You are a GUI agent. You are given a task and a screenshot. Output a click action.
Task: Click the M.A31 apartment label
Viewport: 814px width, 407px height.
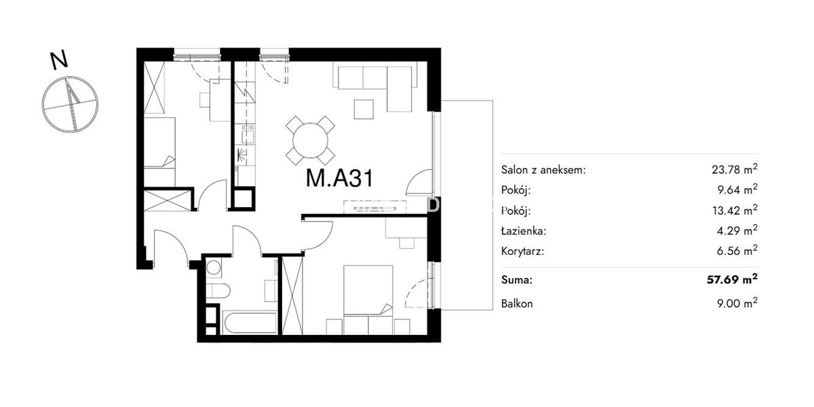click(339, 179)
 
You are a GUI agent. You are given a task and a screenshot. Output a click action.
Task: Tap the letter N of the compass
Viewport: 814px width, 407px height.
click(59, 60)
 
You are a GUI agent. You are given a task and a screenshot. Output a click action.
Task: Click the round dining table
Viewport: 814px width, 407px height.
click(311, 141)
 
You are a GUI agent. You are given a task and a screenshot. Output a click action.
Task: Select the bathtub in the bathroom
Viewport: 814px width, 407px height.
click(250, 323)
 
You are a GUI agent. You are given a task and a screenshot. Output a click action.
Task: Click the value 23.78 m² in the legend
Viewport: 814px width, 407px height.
click(735, 169)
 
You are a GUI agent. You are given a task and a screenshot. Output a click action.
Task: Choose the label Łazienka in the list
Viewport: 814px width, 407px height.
click(523, 231)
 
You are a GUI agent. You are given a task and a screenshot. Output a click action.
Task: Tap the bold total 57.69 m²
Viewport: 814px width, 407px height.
click(732, 279)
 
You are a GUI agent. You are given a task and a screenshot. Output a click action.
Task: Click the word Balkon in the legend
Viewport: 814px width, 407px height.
click(517, 304)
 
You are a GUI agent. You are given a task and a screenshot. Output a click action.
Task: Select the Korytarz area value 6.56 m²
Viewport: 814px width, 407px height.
click(737, 251)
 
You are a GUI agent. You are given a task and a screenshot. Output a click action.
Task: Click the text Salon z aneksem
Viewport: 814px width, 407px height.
click(543, 170)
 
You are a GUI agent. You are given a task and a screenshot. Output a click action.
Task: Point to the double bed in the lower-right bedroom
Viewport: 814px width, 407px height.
click(368, 300)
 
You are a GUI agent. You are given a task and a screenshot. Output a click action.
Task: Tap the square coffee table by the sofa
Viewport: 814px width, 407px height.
click(364, 109)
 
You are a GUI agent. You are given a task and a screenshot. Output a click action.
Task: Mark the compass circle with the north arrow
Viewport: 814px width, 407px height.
click(70, 105)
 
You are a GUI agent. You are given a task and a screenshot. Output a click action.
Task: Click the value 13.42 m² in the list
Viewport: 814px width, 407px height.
click(735, 210)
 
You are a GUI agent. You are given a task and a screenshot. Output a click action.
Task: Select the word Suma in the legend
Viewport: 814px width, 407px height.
click(516, 279)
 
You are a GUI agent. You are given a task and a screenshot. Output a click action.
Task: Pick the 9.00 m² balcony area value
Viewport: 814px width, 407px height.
click(737, 303)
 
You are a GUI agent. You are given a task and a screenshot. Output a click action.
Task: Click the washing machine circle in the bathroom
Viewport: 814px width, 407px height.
click(214, 268)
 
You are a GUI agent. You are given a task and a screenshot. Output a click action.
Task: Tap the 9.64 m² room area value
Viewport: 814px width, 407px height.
click(737, 190)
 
